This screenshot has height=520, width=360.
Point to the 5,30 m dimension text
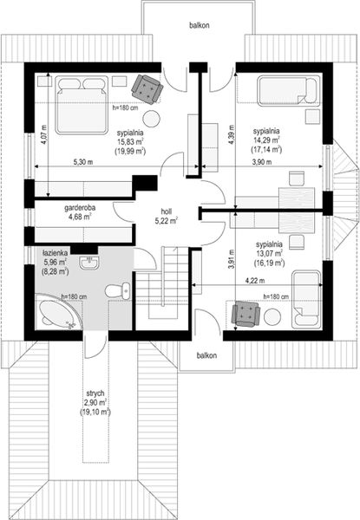82,162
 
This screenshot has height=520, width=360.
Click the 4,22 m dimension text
255,281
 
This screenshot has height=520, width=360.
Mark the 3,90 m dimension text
261,162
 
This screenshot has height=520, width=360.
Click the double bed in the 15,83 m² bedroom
82,105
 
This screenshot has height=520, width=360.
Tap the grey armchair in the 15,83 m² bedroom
147,88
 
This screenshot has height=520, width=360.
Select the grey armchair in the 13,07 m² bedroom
245,314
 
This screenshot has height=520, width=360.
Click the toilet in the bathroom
118,291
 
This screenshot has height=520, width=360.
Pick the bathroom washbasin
88,263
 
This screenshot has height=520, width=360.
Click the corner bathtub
58,311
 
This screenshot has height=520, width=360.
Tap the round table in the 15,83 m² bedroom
152,119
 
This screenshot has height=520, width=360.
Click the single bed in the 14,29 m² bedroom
289,90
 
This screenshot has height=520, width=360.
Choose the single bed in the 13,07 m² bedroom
306,300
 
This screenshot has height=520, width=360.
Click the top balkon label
200,25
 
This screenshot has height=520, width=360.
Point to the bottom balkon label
206,355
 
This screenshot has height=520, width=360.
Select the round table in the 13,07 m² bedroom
272,317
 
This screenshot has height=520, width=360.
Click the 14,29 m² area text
266,140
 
